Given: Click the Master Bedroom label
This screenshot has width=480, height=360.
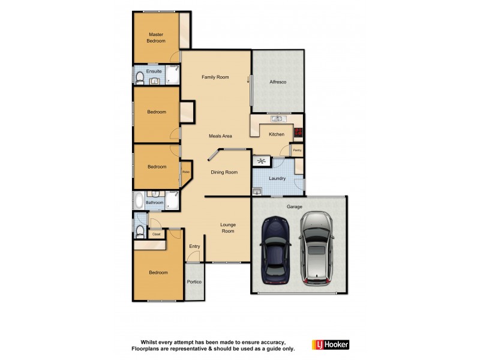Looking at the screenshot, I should [157, 38].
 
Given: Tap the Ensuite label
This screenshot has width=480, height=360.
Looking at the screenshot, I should [154, 71].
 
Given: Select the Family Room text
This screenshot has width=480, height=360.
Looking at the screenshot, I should [215, 77].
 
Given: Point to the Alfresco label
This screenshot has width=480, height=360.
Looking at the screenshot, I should [278, 82].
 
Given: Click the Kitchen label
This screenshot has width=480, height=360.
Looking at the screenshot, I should [276, 134].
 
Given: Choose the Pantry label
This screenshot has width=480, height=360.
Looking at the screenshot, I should [297, 149].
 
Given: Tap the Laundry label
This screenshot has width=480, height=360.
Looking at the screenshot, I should [277, 178].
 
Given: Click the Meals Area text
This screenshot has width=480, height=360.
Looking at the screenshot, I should [220, 136].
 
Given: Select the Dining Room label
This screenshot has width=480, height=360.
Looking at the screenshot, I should [224, 172].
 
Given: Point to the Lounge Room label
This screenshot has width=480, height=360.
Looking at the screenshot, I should [228, 227].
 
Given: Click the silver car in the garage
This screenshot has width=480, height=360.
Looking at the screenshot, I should [317, 248].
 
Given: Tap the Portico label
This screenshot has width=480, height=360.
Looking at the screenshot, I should [194, 281].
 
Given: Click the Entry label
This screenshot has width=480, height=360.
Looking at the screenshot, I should [194, 246].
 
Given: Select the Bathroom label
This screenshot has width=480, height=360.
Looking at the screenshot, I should [155, 203].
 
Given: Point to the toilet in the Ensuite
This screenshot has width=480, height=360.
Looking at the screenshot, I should [139, 77].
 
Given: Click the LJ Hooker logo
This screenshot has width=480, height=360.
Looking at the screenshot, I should [330, 344].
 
